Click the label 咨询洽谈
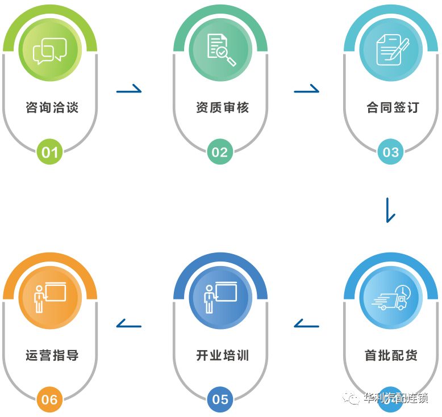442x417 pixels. click(52, 107)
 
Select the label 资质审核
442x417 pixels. click(222, 107)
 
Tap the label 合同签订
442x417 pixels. click(393, 107)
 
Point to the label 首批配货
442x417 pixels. click(391, 356)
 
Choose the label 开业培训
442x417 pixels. click(222, 356)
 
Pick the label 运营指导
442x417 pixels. click(52, 356)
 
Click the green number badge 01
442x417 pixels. click(50, 152)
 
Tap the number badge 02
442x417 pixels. click(220, 152)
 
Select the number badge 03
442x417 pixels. click(391, 152)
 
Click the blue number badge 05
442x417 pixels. click(220, 399)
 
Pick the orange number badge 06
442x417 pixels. click(50, 399)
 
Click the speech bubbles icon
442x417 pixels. click(50, 51)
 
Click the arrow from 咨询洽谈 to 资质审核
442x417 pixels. click(129, 89)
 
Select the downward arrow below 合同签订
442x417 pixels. click(390, 210)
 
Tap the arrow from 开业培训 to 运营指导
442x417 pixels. click(128, 324)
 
